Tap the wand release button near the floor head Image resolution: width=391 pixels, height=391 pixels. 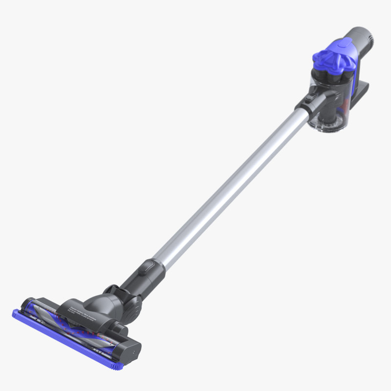click(x=147, y=267)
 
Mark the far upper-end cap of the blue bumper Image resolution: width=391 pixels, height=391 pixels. click(x=18, y=313)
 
